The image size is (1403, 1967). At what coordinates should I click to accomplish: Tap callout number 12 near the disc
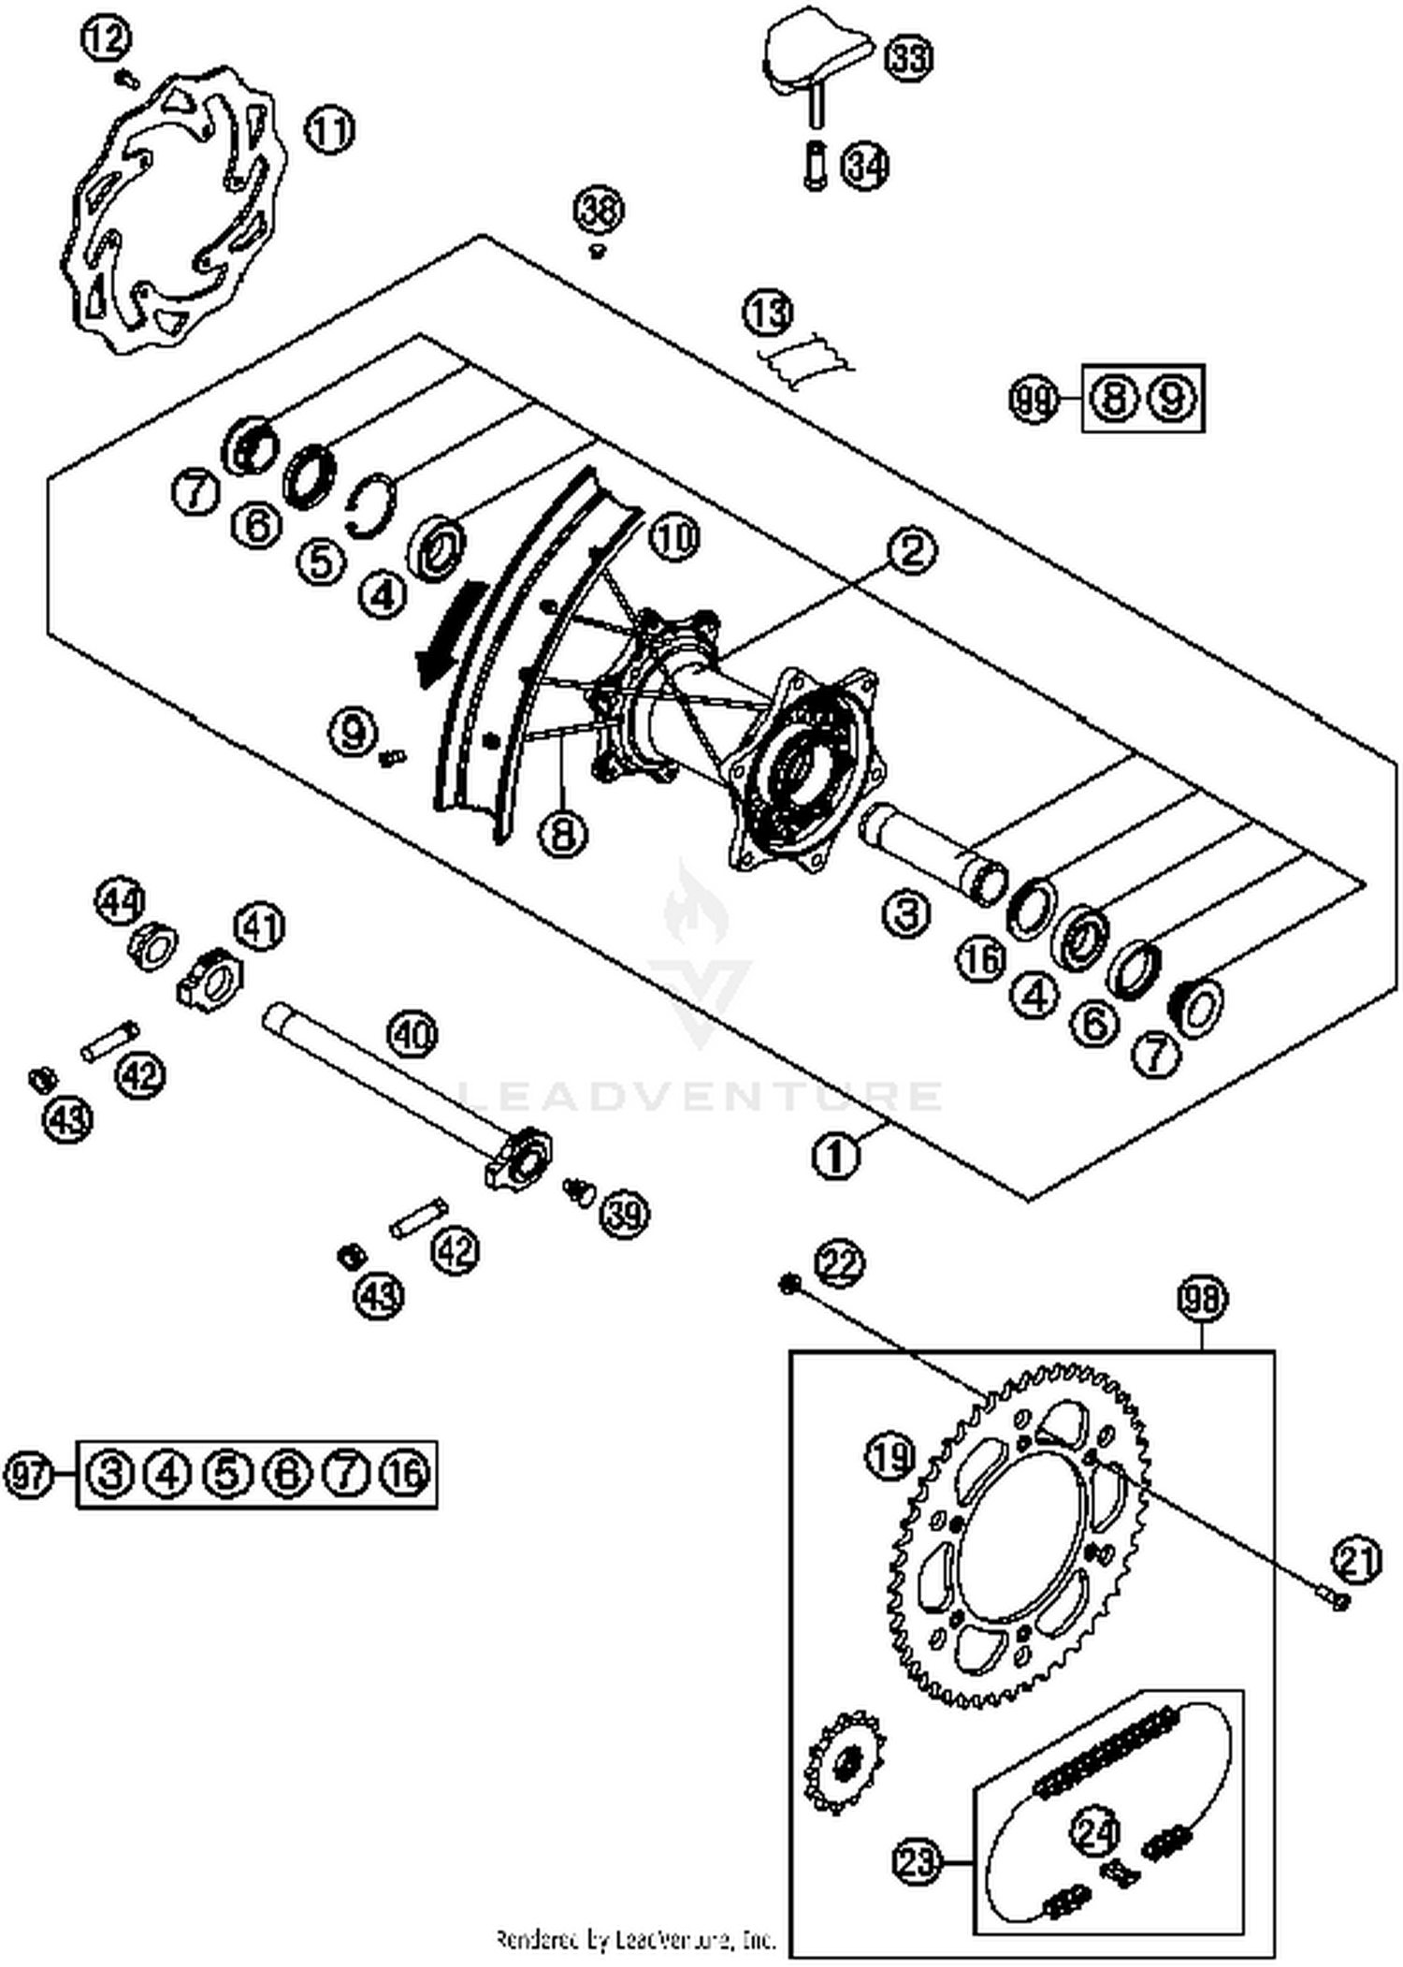(x=106, y=38)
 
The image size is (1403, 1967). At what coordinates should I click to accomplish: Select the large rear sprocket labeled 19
(x=1020, y=1535)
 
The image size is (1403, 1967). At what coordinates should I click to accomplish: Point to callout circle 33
(x=908, y=57)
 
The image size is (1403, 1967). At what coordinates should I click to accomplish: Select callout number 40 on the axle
(x=412, y=1035)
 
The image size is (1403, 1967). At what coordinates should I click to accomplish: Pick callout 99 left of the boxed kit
(x=1034, y=401)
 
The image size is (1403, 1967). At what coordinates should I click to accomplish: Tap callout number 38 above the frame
(x=599, y=210)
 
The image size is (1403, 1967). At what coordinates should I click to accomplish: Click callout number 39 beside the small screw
(x=625, y=1214)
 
